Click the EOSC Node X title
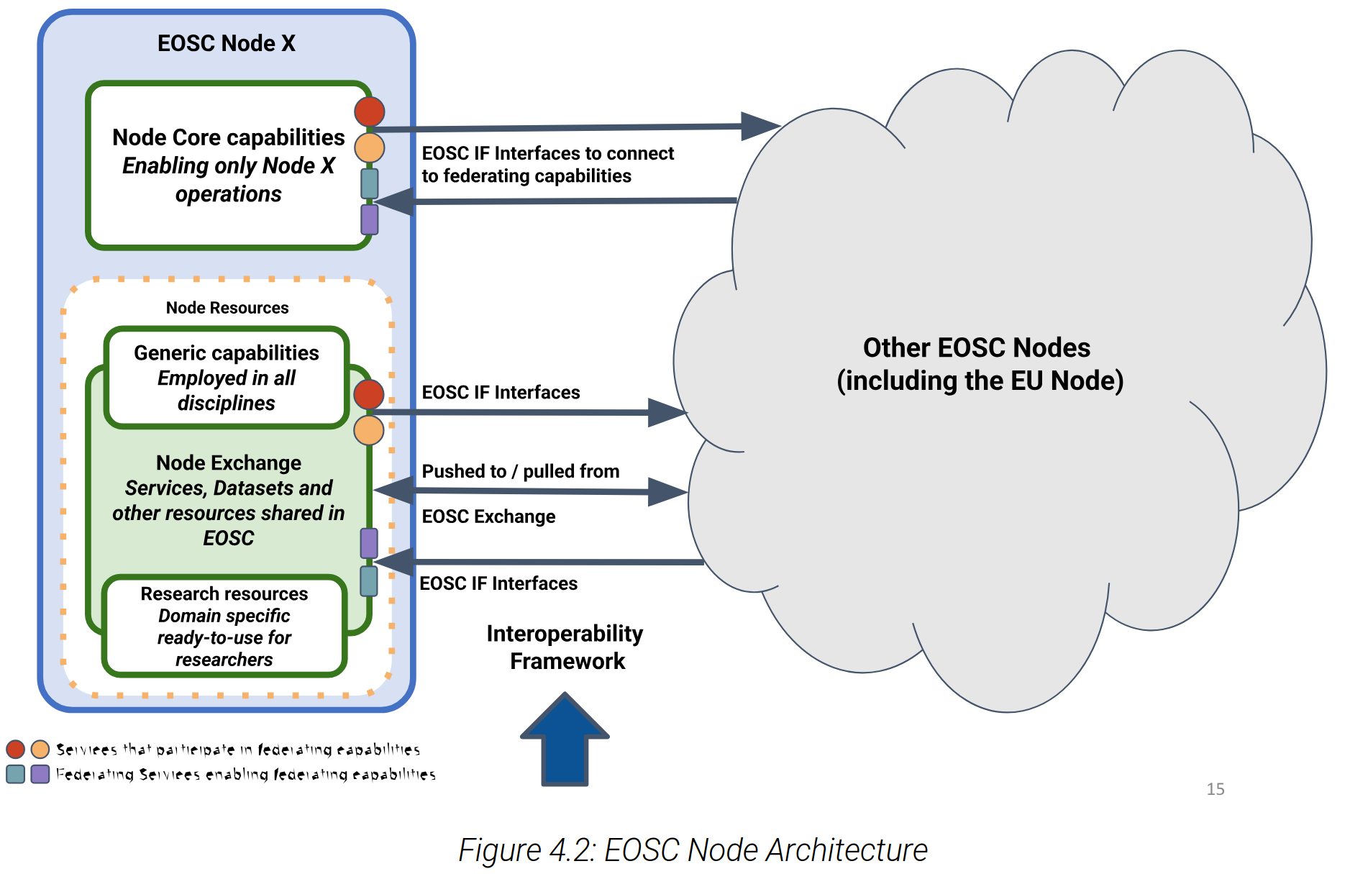226,43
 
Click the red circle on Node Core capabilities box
369,111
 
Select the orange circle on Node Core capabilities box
369,147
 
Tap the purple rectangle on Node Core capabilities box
369,219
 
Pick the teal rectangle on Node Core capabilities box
369,183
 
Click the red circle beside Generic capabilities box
368,394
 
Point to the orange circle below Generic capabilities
368,430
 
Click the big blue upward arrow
565,741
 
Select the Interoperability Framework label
565,647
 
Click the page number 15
1215,789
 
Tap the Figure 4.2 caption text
693,850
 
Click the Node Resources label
227,308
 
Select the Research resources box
224,626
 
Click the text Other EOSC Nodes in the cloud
976,348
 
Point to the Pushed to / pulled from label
520,471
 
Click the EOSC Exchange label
488,516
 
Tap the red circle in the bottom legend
15,749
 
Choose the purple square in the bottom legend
40,774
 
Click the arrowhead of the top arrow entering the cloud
761,126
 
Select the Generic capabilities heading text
226,352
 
